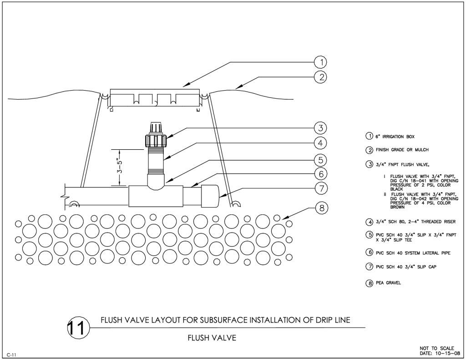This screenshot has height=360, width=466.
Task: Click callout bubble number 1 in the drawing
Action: pos(321,62)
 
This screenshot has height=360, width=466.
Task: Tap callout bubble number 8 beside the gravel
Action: pos(321,208)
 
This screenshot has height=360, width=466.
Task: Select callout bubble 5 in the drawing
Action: pos(321,160)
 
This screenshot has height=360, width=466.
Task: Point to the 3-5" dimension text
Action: pos(120,167)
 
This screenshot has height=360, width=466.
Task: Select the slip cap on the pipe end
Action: pos(210,196)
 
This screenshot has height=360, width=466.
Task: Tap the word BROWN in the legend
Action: pos(397,207)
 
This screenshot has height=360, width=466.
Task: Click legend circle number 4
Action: pos(370,222)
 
